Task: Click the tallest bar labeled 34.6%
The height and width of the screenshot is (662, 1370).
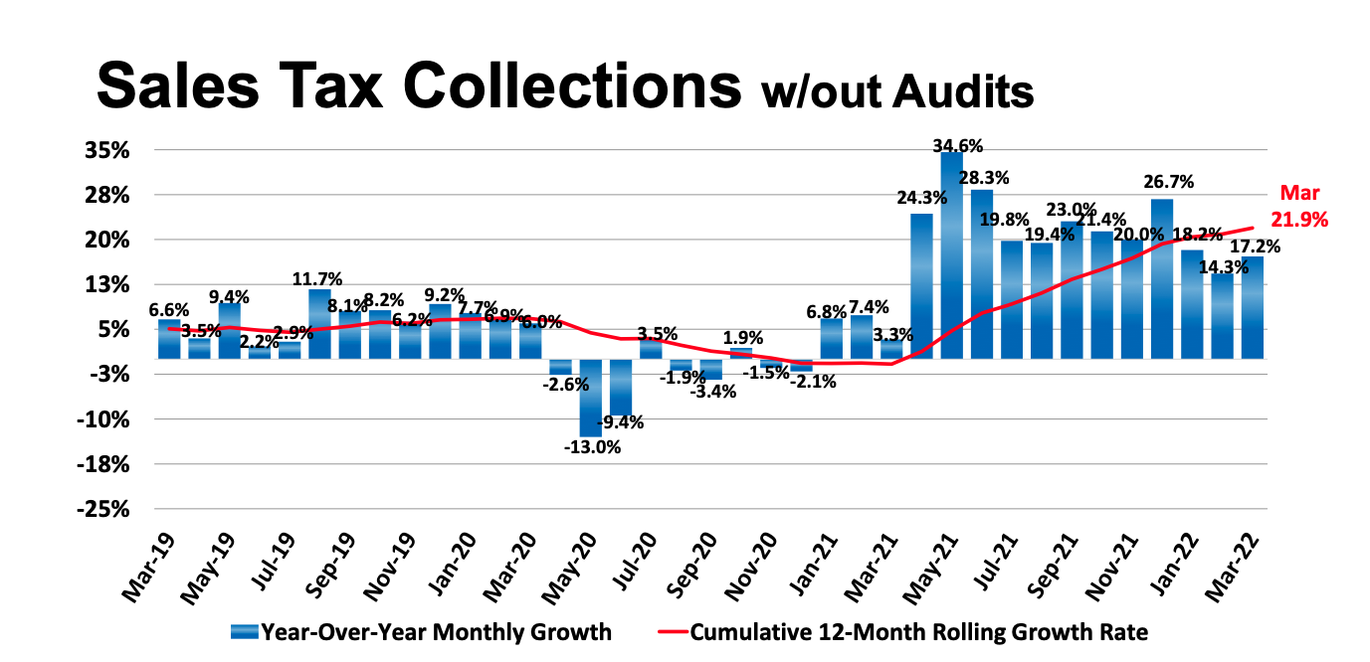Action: pyautogui.click(x=952, y=254)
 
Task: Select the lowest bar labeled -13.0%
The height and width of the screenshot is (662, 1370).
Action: pyautogui.click(x=590, y=398)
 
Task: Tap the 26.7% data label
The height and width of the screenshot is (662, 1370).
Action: pyautogui.click(x=1169, y=182)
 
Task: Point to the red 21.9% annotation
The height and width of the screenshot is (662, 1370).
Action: pyautogui.click(x=1298, y=218)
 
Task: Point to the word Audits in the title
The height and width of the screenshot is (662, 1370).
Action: pyautogui.click(x=965, y=91)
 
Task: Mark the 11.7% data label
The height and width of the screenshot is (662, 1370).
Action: pyautogui.click(x=318, y=279)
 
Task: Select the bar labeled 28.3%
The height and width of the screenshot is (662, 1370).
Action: pyautogui.click(x=982, y=273)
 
